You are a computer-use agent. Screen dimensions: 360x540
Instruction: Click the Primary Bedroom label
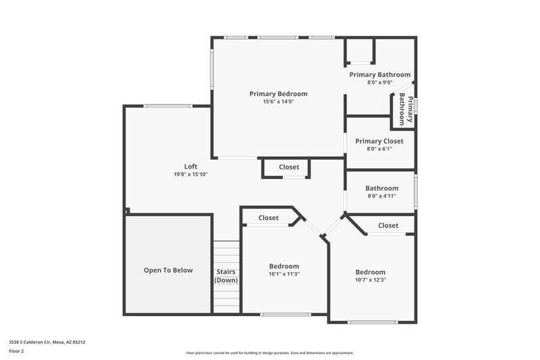[x=278, y=94]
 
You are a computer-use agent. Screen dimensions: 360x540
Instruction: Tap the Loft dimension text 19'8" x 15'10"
[x=190, y=174]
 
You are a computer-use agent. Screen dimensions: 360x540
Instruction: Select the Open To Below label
[x=168, y=270]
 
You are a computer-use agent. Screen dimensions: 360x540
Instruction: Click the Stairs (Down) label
[x=226, y=275]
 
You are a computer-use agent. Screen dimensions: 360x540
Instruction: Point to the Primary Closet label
[x=379, y=141]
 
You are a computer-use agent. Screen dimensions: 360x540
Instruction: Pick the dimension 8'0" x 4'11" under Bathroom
[x=381, y=196]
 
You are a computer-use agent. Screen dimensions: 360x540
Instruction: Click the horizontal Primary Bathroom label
[x=379, y=74]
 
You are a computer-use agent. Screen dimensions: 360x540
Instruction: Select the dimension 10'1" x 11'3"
[x=283, y=274]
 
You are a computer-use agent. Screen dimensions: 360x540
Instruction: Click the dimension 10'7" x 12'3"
[x=371, y=280]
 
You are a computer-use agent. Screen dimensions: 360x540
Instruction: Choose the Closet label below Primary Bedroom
[x=289, y=167]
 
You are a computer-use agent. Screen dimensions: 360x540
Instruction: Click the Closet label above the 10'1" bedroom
[x=268, y=218]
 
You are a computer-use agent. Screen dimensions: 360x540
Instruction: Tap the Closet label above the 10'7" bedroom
[x=388, y=226]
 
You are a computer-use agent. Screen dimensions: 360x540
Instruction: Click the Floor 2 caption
[x=17, y=351]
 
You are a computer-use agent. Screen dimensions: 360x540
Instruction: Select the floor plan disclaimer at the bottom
[x=269, y=353]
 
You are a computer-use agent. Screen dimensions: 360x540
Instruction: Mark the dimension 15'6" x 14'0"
[x=278, y=102]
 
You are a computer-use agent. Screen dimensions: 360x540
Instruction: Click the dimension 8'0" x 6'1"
[x=379, y=149]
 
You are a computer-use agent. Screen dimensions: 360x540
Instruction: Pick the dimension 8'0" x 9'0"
[x=379, y=82]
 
